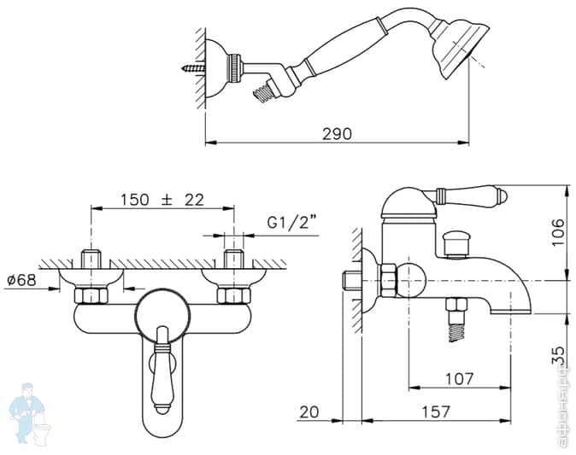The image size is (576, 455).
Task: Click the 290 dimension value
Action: pyautogui.click(x=337, y=133)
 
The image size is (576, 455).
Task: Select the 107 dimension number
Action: pyautogui.click(x=459, y=379)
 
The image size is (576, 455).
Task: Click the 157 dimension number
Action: pyautogui.click(x=435, y=412)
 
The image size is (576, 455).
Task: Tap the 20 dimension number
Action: pyautogui.click(x=309, y=412)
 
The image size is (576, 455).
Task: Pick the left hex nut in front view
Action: pyautogui.click(x=90, y=295)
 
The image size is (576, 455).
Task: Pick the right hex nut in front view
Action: pyautogui.click(x=232, y=295)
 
